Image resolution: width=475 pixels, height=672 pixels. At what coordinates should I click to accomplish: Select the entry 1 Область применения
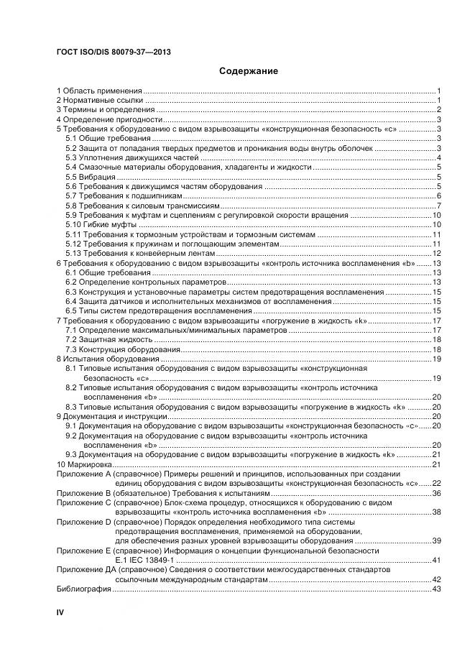(99, 91)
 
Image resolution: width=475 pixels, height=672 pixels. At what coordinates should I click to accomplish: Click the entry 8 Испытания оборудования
(108, 358)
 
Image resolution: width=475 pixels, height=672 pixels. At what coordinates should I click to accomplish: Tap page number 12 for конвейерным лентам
(435, 254)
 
